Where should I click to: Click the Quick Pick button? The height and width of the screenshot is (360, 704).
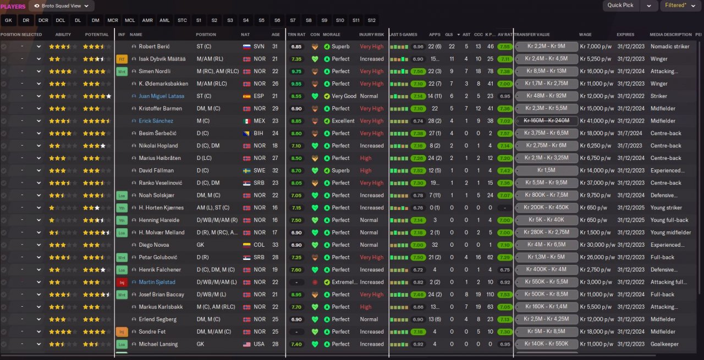point(620,5)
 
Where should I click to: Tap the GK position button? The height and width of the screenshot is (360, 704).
point(8,20)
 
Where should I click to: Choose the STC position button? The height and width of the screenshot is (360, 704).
point(182,20)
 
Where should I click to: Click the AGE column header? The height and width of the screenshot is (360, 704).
point(276,35)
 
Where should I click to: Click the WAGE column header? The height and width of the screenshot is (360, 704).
point(585,35)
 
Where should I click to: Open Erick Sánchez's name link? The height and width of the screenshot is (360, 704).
point(156,121)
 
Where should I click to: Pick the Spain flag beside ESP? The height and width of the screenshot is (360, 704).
point(247,96)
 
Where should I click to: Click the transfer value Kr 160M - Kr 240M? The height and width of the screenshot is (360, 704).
point(546,121)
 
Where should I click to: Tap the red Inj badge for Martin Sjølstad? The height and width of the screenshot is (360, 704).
point(122,283)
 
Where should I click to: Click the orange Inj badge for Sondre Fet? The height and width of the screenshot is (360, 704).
point(122,332)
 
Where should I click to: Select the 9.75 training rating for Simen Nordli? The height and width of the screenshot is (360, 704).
point(296,71)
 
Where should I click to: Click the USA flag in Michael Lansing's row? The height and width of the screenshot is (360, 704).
point(247,345)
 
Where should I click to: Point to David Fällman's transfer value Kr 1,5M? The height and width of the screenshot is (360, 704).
point(546,170)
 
